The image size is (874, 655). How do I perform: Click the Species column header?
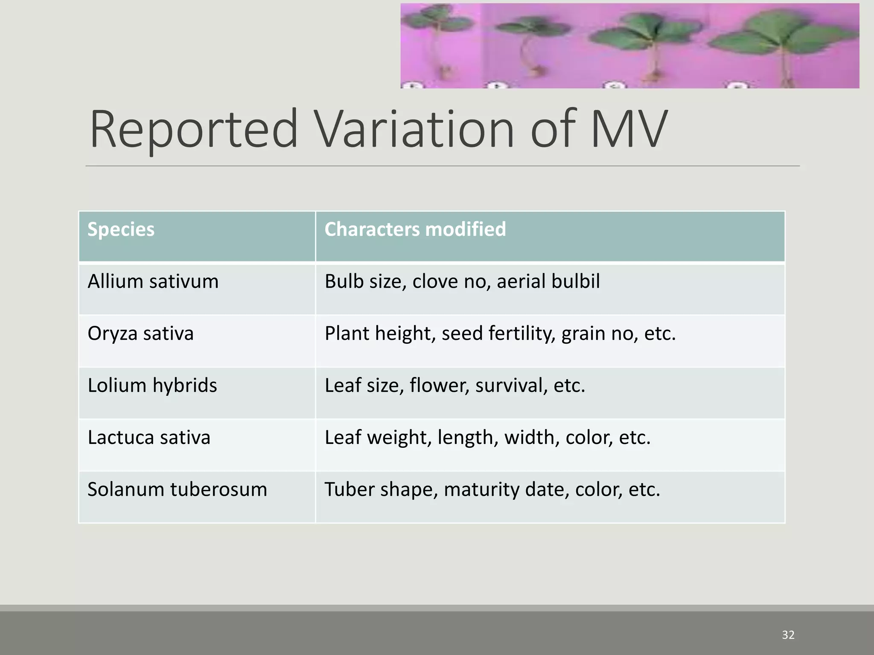click(x=121, y=229)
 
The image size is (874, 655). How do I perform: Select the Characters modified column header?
click(x=415, y=229)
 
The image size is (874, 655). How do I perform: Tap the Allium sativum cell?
click(x=153, y=282)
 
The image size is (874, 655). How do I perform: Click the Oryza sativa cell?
click(x=140, y=333)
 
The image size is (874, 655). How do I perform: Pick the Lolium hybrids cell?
click(x=152, y=385)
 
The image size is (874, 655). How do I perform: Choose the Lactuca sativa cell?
click(x=149, y=438)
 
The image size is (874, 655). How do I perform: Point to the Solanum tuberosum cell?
click(x=177, y=490)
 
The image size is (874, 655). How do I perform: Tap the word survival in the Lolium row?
click(x=511, y=385)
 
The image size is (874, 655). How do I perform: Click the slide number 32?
click(x=788, y=635)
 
